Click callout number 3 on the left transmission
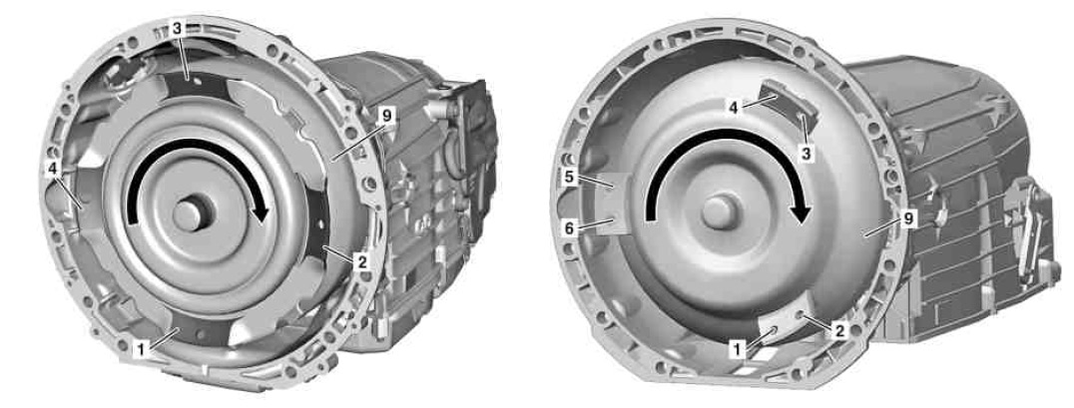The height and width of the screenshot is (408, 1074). coord(177,29)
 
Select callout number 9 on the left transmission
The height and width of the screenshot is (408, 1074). coord(387,117)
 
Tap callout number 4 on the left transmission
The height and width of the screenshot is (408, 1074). coord(52,168)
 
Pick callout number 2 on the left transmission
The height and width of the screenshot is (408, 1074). coord(362,260)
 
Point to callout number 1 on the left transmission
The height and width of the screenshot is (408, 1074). coord(141,350)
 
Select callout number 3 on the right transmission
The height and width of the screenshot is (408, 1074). coord(806,154)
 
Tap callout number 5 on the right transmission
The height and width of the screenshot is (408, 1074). coord(569,178)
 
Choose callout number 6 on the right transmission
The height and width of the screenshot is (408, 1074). coord(569,228)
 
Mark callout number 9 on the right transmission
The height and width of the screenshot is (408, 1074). coord(907,219)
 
